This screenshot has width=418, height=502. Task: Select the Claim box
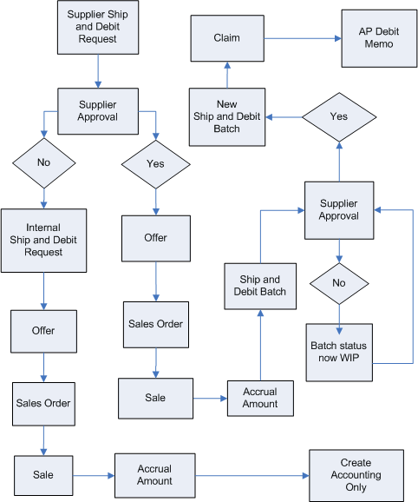(227, 38)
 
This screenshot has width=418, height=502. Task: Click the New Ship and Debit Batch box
(227, 117)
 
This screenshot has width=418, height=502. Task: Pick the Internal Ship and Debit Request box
(43, 239)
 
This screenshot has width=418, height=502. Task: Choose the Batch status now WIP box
(339, 352)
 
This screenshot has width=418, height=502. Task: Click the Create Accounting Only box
(356, 475)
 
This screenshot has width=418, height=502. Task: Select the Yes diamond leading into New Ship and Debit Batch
(339, 116)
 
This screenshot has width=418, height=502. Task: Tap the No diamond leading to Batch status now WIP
(339, 283)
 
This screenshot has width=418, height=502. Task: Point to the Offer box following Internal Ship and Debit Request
(43, 331)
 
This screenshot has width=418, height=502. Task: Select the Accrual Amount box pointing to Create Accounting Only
(154, 475)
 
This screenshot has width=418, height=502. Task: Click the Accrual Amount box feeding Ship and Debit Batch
(260, 398)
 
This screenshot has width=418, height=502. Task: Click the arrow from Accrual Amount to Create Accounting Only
(251, 475)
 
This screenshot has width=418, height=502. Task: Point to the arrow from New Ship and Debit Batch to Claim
(227, 75)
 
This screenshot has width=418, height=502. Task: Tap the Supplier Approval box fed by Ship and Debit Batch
(339, 210)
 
